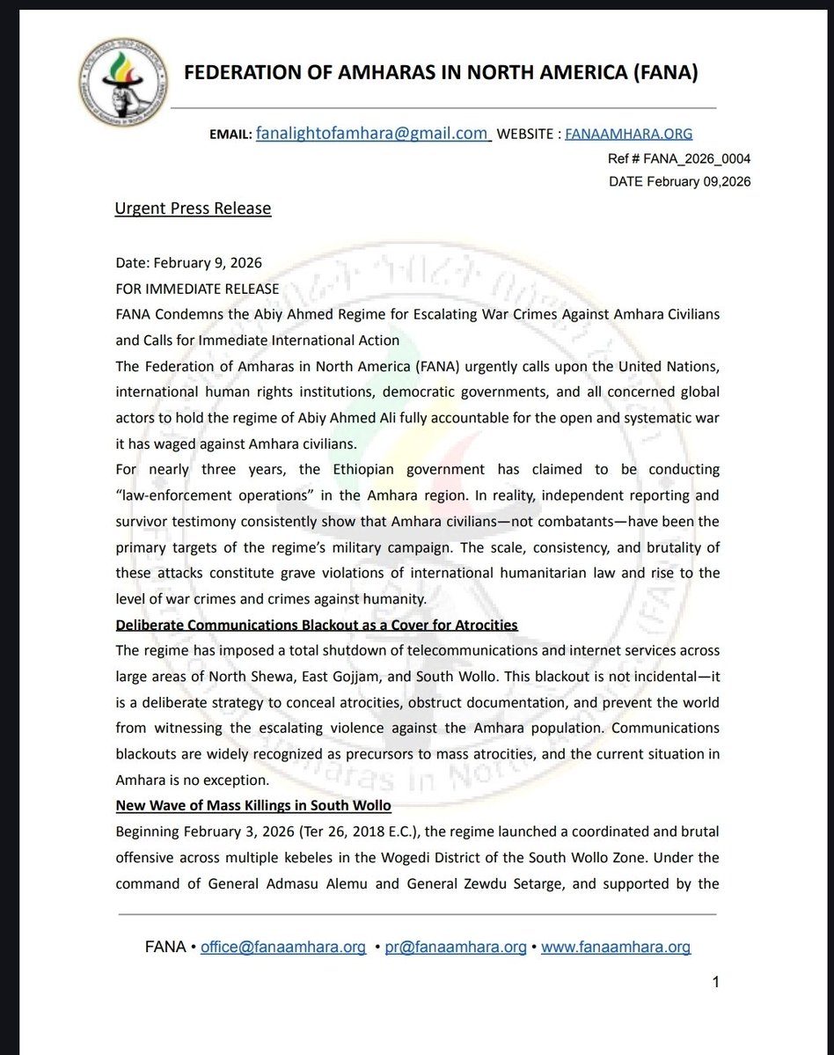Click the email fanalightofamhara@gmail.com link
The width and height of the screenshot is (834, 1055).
(x=372, y=134)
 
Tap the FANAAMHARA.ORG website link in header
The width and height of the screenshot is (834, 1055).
(x=628, y=135)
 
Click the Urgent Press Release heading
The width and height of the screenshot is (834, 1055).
(x=193, y=209)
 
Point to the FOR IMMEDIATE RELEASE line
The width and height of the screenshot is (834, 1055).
(x=197, y=289)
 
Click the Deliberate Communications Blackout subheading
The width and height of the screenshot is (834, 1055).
(x=317, y=624)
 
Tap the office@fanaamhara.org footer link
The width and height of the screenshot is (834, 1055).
(x=283, y=948)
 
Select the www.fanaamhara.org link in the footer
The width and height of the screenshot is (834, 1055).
(x=615, y=948)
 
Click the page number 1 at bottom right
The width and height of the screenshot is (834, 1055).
(x=716, y=983)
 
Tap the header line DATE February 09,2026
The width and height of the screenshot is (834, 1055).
(x=678, y=182)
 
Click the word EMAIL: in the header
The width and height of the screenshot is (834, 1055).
(x=230, y=136)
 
